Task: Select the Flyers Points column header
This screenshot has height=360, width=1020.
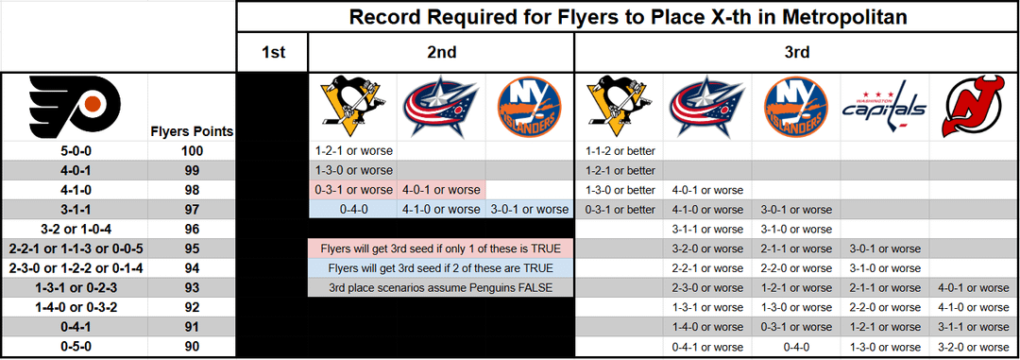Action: (191, 131)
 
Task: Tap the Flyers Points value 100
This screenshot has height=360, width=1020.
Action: (191, 151)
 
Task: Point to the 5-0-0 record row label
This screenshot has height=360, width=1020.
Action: (74, 151)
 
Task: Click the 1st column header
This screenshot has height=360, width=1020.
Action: (273, 53)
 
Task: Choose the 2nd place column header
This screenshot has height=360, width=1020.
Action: (441, 53)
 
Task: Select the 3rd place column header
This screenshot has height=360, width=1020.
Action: (796, 53)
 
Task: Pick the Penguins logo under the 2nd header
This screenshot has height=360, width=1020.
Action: (351, 108)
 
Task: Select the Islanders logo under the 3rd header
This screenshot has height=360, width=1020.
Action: (796, 108)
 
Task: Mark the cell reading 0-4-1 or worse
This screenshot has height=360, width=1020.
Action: (707, 347)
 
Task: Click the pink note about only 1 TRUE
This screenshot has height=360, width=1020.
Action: (440, 249)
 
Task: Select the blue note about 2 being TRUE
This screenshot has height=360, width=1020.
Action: (440, 268)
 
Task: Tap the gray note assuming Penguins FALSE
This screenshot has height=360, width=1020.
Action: (440, 288)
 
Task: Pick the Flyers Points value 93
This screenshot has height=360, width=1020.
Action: (191, 288)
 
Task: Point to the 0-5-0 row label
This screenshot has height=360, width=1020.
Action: (74, 347)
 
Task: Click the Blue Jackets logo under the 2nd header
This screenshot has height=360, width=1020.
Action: (441, 108)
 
